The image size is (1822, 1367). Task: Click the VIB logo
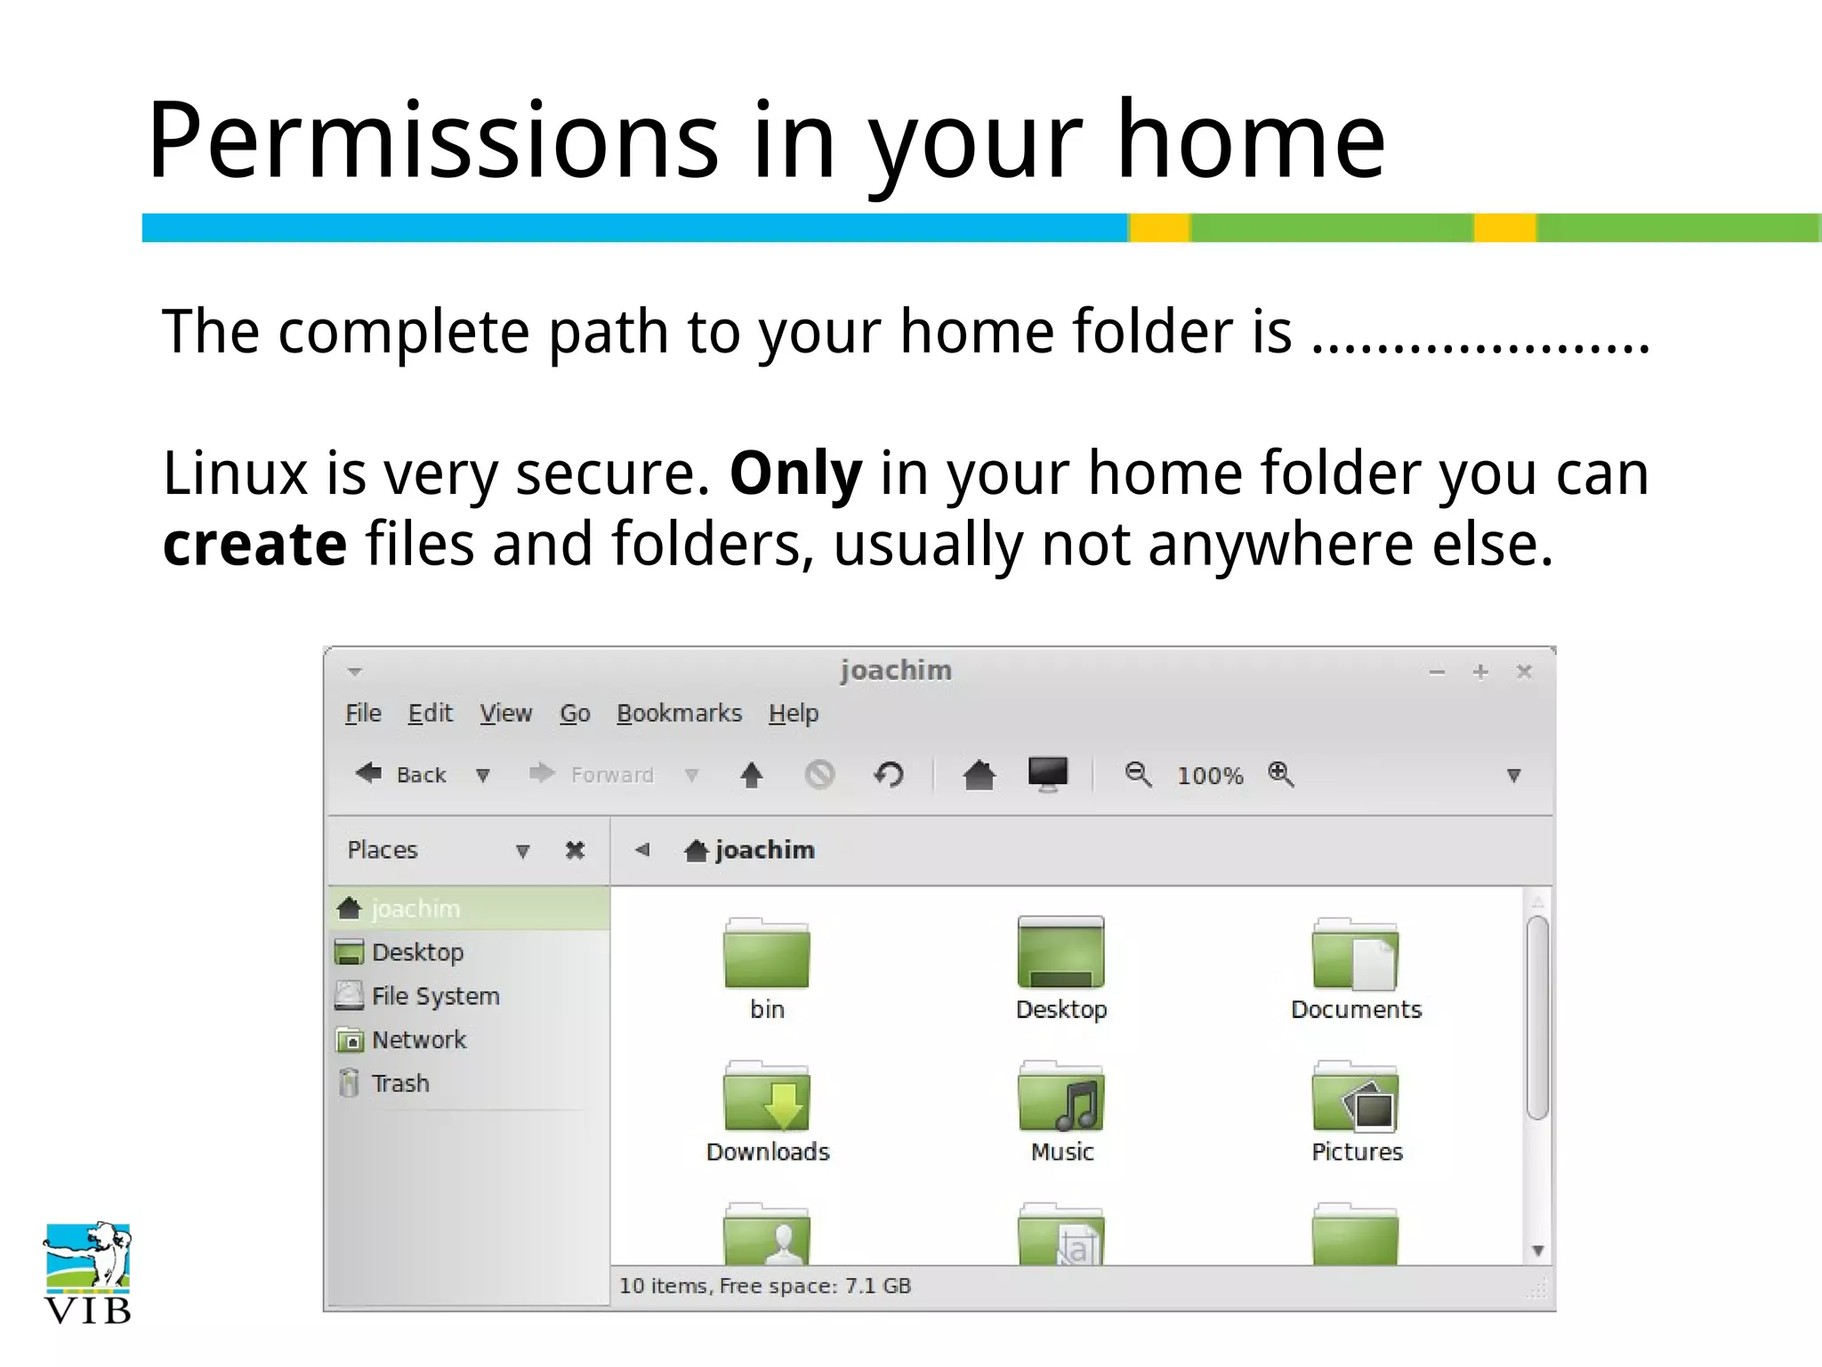pyautogui.click(x=87, y=1273)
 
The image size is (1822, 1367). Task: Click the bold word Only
pyautogui.click(x=795, y=473)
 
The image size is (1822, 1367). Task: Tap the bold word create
pyautogui.click(x=254, y=545)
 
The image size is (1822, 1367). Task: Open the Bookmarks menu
pyautogui.click(x=679, y=714)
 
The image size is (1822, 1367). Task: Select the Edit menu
pyautogui.click(x=430, y=714)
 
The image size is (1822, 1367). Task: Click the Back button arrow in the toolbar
pyautogui.click(x=368, y=773)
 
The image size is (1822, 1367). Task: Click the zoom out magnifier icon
pyautogui.click(x=1138, y=774)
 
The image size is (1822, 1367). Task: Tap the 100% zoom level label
pyautogui.click(x=1209, y=776)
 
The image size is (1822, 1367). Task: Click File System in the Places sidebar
pyautogui.click(x=435, y=996)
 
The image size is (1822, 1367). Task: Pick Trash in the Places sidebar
pyautogui.click(x=400, y=1083)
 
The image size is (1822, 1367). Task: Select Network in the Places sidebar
pyautogui.click(x=418, y=1039)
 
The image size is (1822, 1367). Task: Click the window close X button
pyautogui.click(x=1524, y=672)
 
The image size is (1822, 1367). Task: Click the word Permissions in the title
pyautogui.click(x=432, y=141)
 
